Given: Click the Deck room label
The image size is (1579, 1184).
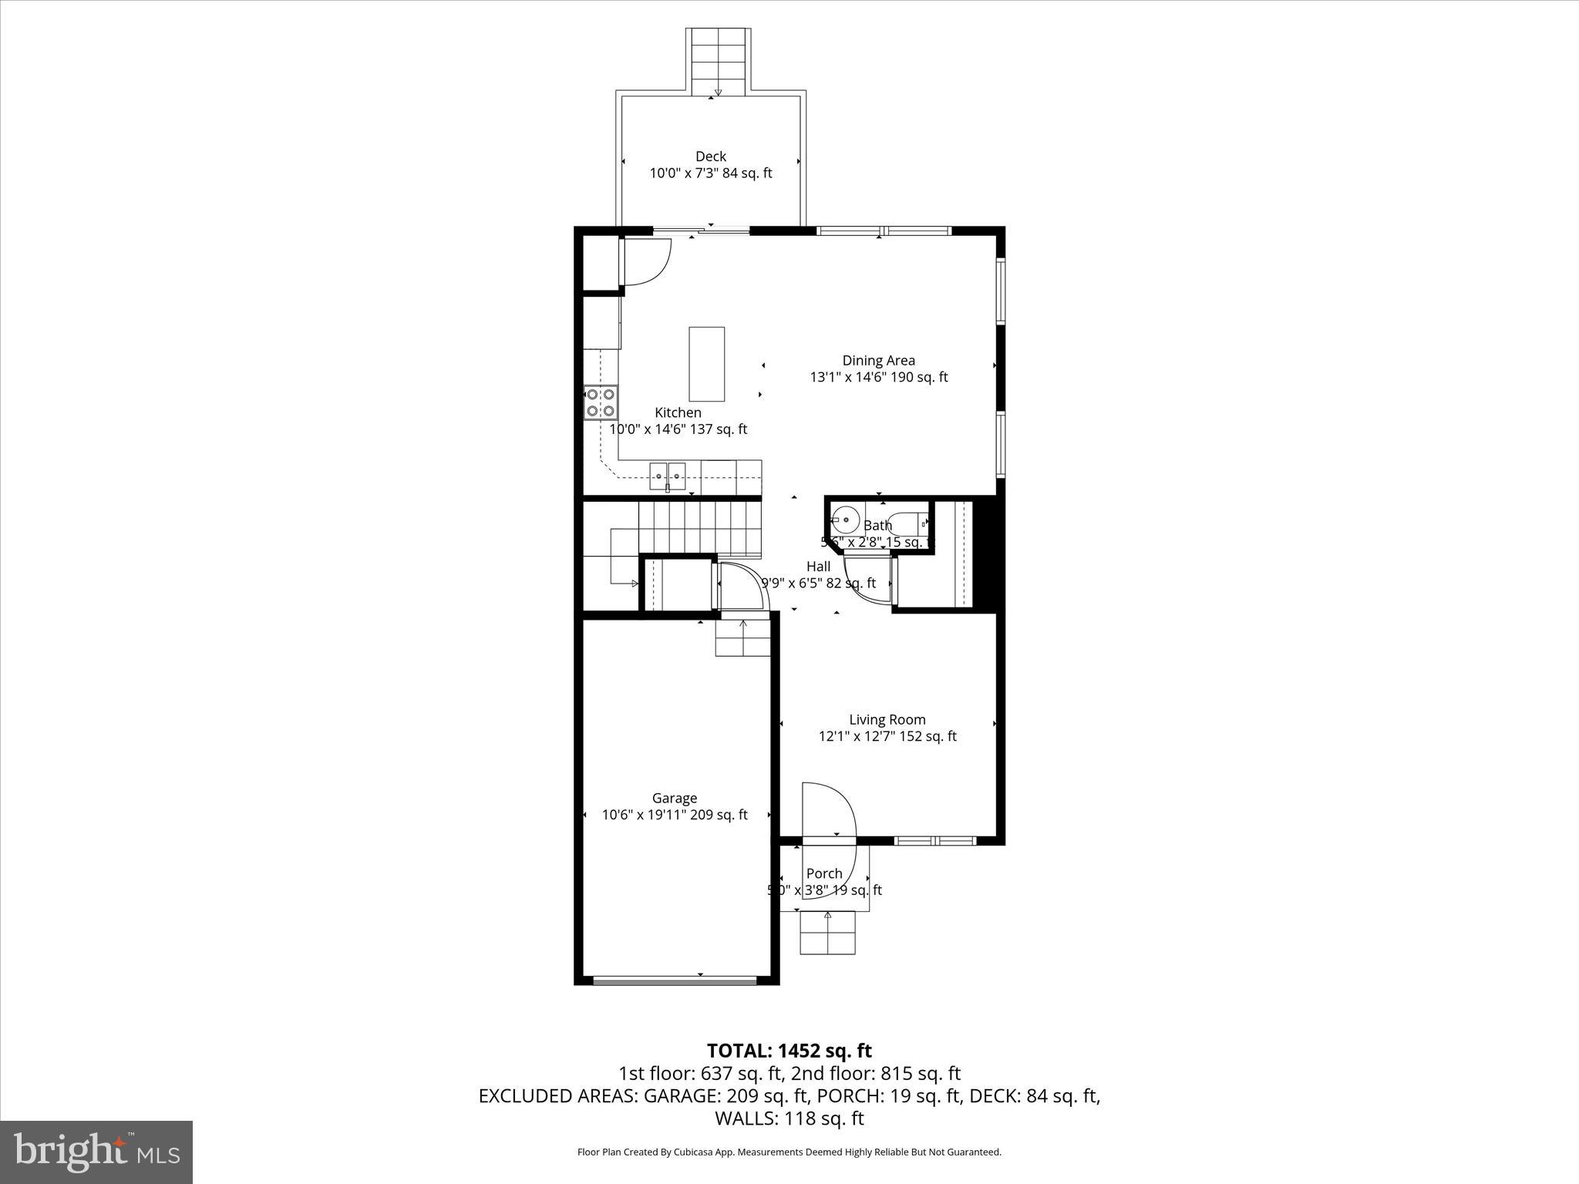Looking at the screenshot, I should (x=710, y=156).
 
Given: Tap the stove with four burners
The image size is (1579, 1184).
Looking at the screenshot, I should (x=601, y=402).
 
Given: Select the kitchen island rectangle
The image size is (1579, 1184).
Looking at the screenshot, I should (x=706, y=364).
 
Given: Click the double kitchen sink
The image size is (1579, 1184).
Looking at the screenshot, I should (x=667, y=476).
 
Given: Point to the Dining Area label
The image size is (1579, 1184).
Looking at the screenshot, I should (x=878, y=360).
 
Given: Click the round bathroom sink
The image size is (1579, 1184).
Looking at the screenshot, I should (x=846, y=520).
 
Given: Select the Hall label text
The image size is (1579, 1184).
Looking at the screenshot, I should (x=818, y=567).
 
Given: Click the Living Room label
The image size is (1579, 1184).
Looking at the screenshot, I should (x=887, y=719).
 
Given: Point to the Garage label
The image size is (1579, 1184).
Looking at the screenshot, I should (x=674, y=798).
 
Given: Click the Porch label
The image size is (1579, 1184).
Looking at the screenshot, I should (x=823, y=873).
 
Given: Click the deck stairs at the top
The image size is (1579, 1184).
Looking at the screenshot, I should (x=719, y=62).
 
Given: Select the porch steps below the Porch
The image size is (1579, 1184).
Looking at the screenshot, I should (x=827, y=932).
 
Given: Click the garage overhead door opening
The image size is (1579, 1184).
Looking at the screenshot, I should (x=675, y=980).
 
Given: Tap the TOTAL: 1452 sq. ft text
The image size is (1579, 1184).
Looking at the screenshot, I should (x=789, y=1051).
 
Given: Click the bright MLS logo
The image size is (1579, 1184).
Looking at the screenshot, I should (x=96, y=1152).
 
